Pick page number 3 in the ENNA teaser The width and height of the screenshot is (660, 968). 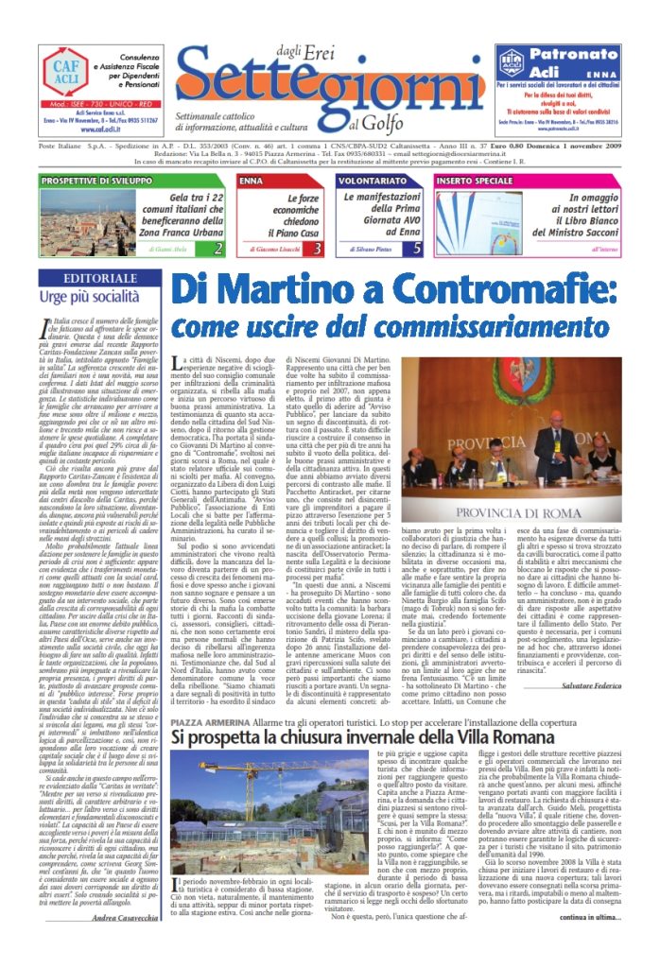pyautogui.click(x=318, y=249)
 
